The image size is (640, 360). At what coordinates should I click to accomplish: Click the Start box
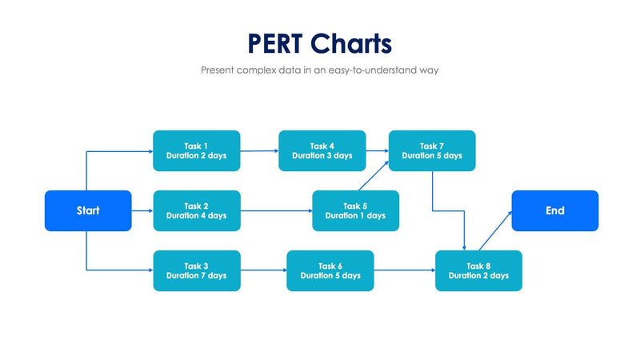pyautogui.click(x=88, y=211)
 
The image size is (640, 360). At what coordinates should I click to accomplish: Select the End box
pyautogui.click(x=555, y=211)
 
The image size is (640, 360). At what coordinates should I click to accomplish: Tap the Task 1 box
pyautogui.click(x=196, y=150)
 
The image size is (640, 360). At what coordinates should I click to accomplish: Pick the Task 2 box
pyautogui.click(x=196, y=210)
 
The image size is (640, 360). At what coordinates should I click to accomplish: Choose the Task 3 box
pyautogui.click(x=196, y=270)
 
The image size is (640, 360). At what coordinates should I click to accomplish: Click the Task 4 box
pyautogui.click(x=322, y=150)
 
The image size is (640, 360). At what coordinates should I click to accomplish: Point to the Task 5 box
pyautogui.click(x=355, y=210)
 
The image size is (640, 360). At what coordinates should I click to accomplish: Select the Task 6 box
pyautogui.click(x=330, y=270)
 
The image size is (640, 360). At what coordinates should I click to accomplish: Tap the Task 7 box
pyautogui.click(x=432, y=150)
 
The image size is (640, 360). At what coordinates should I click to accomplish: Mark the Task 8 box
pyautogui.click(x=478, y=270)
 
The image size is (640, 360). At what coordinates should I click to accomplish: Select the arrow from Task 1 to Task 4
pyautogui.click(x=259, y=150)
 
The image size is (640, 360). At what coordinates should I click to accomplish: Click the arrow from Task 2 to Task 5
pyautogui.click(x=276, y=211)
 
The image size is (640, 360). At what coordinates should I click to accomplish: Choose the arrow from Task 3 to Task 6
pyautogui.click(x=263, y=270)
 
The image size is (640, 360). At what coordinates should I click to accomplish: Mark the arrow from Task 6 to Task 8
pyautogui.click(x=404, y=270)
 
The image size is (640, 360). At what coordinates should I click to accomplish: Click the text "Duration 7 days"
pyautogui.click(x=196, y=276)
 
